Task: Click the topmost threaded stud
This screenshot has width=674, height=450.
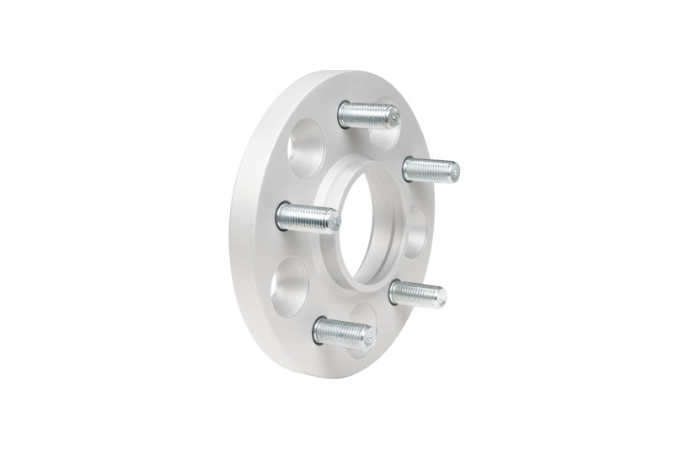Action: [367, 113]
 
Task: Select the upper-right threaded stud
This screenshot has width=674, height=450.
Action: [430, 169]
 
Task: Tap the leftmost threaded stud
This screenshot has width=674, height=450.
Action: [308, 217]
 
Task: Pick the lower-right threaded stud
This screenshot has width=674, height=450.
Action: [416, 292]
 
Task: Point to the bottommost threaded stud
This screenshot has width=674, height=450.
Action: [341, 330]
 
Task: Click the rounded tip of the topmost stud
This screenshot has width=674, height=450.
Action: [392, 117]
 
